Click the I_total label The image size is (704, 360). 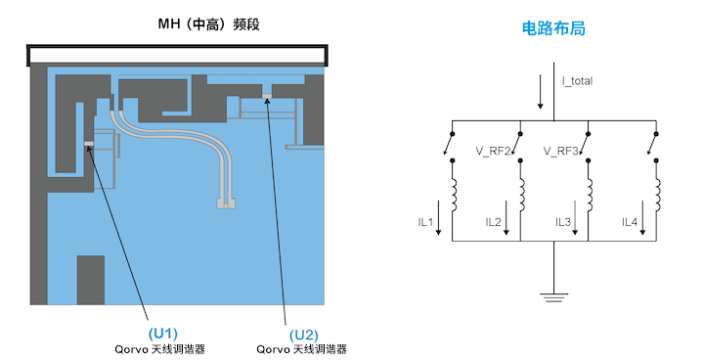(577, 80)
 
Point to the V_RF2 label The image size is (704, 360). (494, 151)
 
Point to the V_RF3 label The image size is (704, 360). (562, 151)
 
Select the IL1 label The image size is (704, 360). (425, 222)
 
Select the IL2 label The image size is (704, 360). (494, 222)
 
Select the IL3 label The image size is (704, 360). (562, 222)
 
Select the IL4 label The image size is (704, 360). (630, 222)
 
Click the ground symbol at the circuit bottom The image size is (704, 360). (553, 291)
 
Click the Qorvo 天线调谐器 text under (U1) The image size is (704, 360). (162, 348)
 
